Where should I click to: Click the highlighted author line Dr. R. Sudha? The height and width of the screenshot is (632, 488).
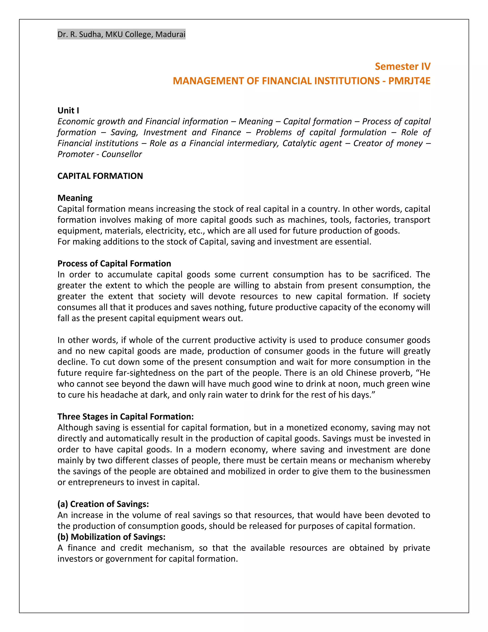pos(121,34)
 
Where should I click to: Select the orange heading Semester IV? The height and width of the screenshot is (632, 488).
pos(402,66)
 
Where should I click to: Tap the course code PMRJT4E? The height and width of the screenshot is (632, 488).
pos(409,81)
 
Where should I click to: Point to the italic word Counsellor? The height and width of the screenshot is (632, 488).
pos(122,154)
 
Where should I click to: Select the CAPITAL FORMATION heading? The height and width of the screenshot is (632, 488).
pos(100,176)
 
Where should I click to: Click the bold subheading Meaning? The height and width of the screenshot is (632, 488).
pos(75,198)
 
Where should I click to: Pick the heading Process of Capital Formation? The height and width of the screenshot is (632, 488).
pos(114,263)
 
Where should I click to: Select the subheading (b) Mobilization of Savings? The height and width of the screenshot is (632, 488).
pos(111,537)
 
